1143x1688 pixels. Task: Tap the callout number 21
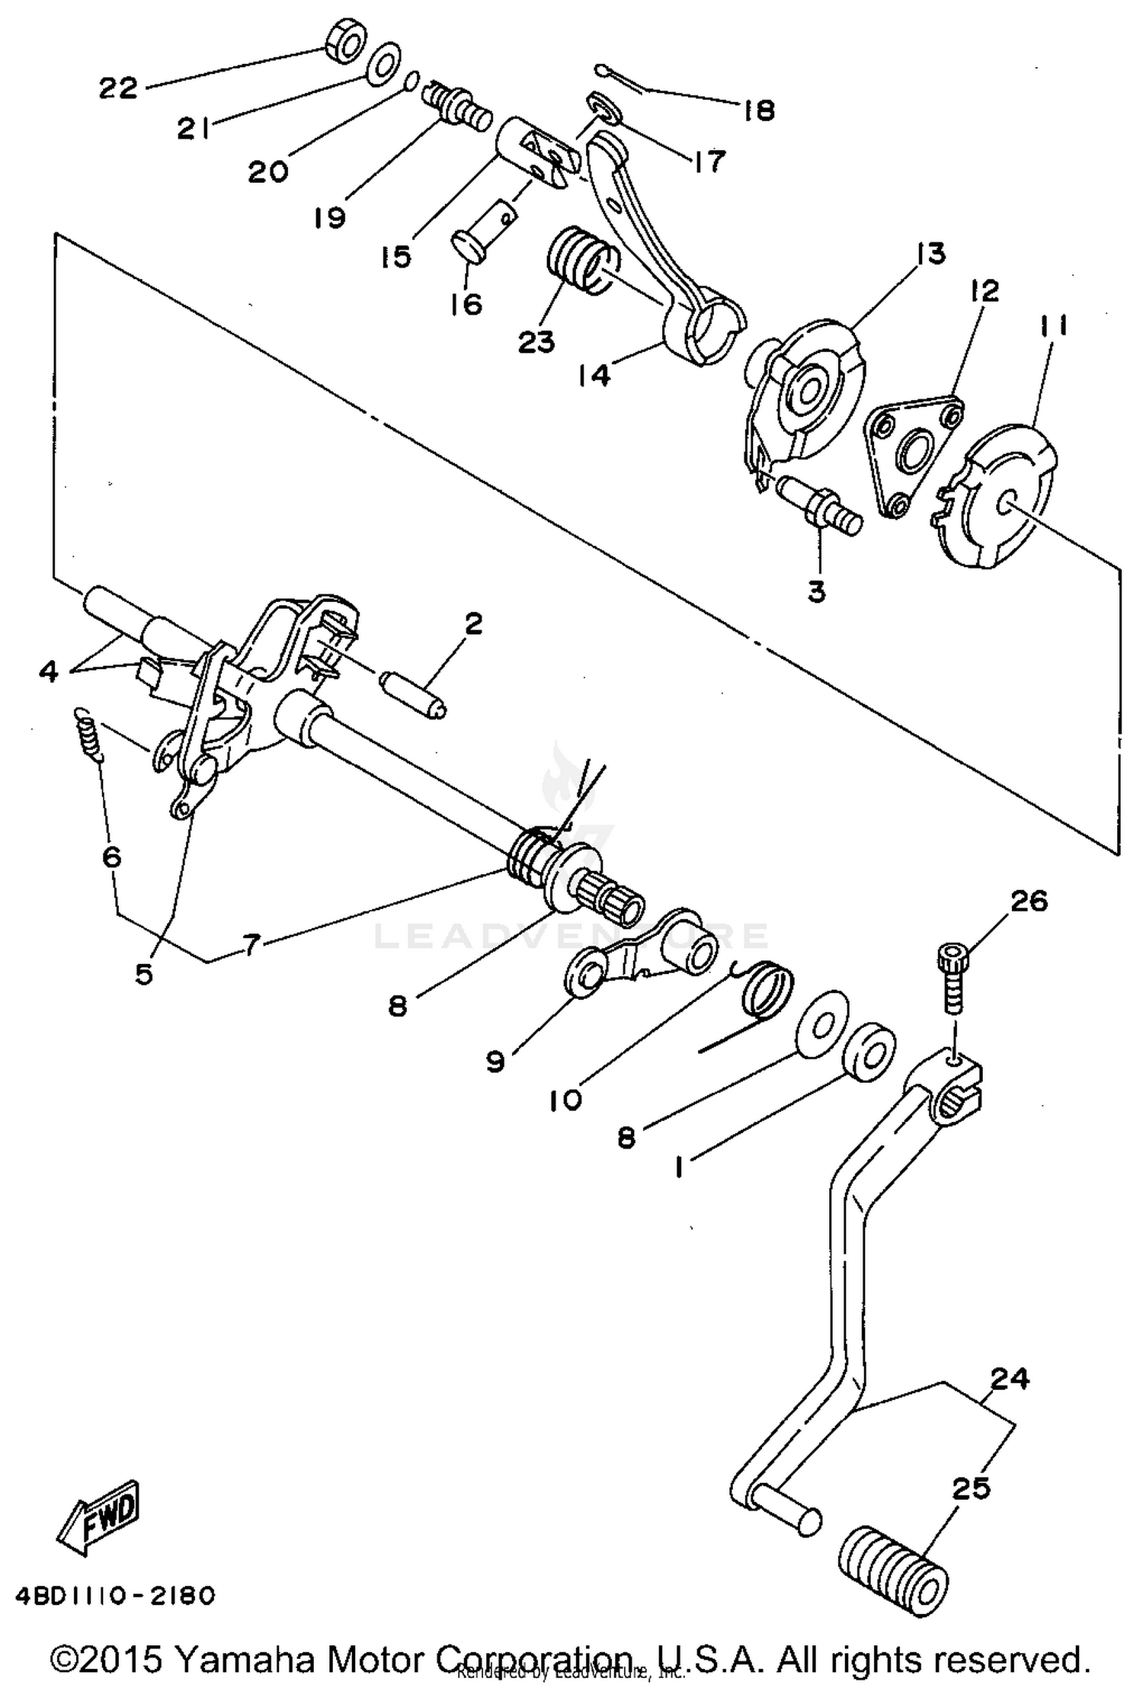[194, 130]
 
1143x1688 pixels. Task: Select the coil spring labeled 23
[579, 259]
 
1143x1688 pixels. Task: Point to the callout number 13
[931, 254]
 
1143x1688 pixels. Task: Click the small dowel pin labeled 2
[413, 692]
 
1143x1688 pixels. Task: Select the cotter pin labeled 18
[616, 79]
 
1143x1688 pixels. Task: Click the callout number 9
[495, 1062]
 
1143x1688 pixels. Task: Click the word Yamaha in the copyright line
[244, 1658]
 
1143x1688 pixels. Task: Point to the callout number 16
[466, 304]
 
